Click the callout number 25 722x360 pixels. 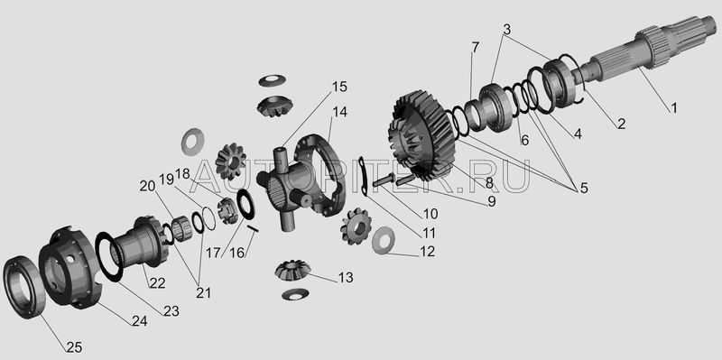(x=74, y=347)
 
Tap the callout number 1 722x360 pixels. (x=673, y=108)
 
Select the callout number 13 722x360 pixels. (x=346, y=278)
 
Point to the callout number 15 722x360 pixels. (x=339, y=87)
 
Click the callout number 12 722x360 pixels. (x=427, y=252)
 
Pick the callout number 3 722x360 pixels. (x=506, y=30)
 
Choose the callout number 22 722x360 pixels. (x=157, y=283)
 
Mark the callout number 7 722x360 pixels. (x=475, y=47)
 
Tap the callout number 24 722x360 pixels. (x=139, y=321)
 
